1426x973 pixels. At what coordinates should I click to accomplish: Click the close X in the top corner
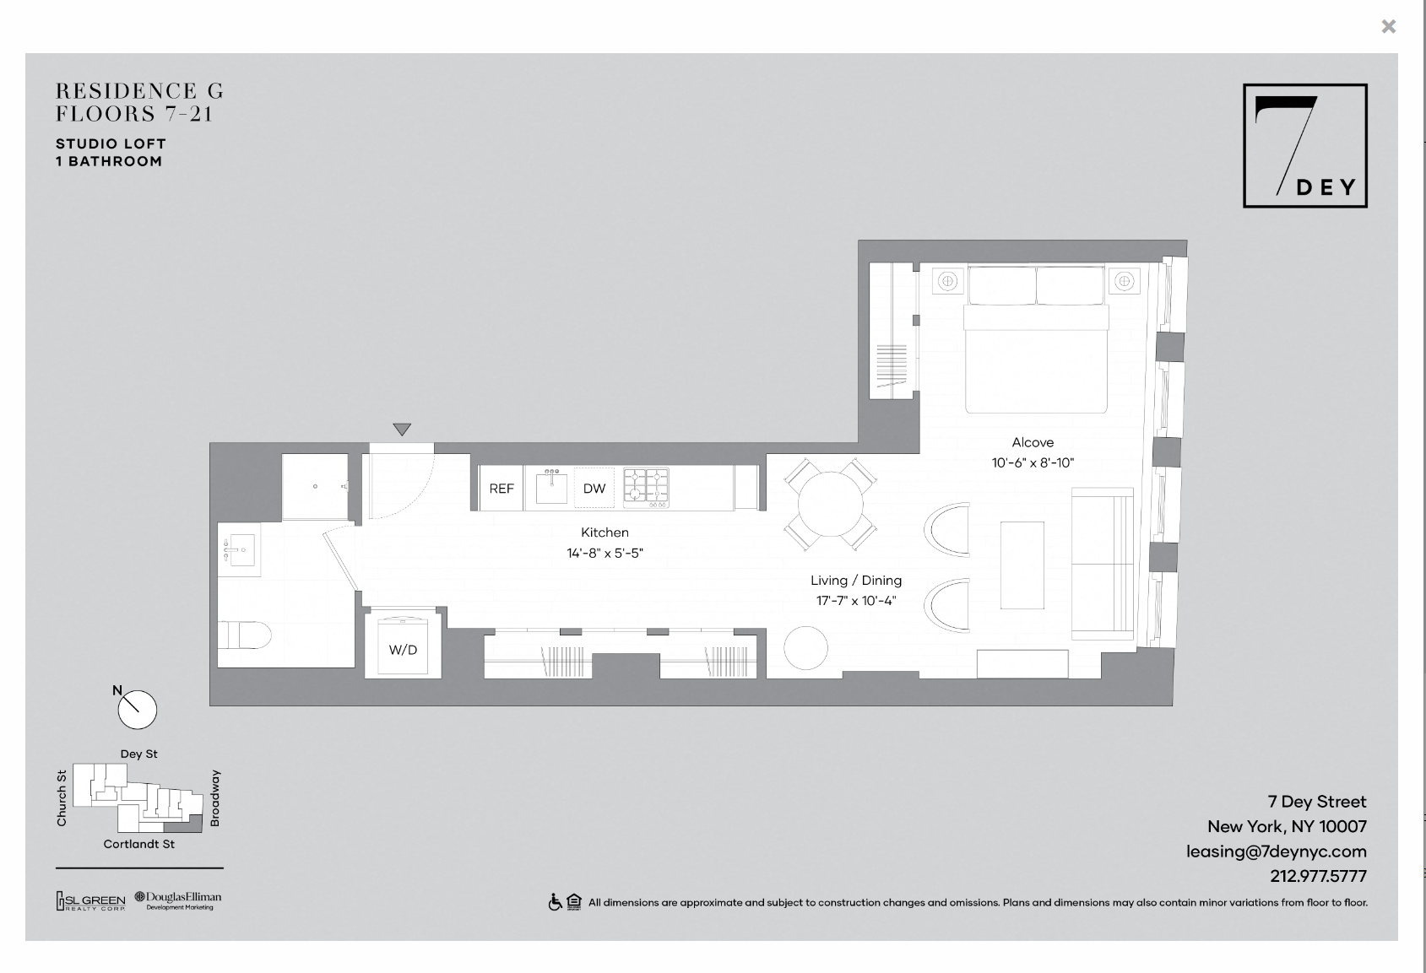pyautogui.click(x=1389, y=26)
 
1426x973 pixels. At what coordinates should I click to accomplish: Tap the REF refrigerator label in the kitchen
pyautogui.click(x=501, y=489)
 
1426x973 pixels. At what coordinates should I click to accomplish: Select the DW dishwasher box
pyautogui.click(x=594, y=488)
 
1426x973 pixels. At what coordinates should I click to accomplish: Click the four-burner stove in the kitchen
pyautogui.click(x=646, y=488)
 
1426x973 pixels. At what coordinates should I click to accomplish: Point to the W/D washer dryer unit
pyautogui.click(x=403, y=646)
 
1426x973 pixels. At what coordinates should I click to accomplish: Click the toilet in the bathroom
pyautogui.click(x=245, y=635)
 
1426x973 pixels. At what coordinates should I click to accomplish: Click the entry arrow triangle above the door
pyautogui.click(x=402, y=430)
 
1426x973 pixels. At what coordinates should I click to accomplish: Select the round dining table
pyautogui.click(x=830, y=504)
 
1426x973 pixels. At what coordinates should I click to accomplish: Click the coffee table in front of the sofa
pyautogui.click(x=1022, y=565)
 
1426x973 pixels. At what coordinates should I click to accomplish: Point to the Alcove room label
pyautogui.click(x=1033, y=442)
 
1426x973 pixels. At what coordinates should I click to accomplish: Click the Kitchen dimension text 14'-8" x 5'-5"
pyautogui.click(x=605, y=553)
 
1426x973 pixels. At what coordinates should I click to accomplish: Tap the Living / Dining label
pyautogui.click(x=855, y=581)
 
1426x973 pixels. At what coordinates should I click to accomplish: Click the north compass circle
pyautogui.click(x=137, y=710)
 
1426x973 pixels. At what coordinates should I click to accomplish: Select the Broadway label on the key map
pyautogui.click(x=215, y=798)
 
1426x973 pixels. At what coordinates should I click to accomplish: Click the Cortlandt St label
pyautogui.click(x=138, y=844)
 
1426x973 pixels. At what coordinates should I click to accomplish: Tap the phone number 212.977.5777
pyautogui.click(x=1319, y=876)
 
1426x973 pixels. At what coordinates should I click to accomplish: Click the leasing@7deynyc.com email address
pyautogui.click(x=1277, y=851)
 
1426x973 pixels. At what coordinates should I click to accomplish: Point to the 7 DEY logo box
pyautogui.click(x=1305, y=146)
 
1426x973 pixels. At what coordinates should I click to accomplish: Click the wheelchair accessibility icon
pyautogui.click(x=556, y=902)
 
